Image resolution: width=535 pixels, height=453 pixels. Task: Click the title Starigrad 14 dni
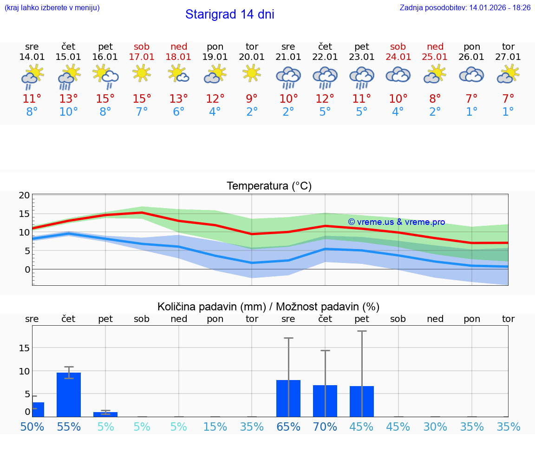pyautogui.click(x=229, y=14)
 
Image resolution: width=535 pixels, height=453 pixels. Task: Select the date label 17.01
pyautogui.click(x=142, y=57)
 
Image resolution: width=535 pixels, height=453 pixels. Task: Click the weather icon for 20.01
pyautogui.click(x=252, y=73)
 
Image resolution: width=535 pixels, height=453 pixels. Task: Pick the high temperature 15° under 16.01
pyautogui.click(x=105, y=99)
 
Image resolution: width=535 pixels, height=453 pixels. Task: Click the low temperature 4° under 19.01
pyautogui.click(x=215, y=112)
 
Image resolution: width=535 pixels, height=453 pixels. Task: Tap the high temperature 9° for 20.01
pyautogui.click(x=252, y=99)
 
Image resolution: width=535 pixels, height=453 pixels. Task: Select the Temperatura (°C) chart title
pyautogui.click(x=269, y=186)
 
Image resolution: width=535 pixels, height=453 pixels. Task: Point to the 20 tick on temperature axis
pyautogui.click(x=24, y=195)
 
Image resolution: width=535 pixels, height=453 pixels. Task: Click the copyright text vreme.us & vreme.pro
pyautogui.click(x=396, y=222)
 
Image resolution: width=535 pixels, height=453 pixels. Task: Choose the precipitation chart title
pyautogui.click(x=268, y=307)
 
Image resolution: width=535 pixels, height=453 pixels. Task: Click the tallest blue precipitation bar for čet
pyautogui.click(x=69, y=394)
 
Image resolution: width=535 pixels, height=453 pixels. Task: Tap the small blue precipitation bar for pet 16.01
pyautogui.click(x=105, y=414)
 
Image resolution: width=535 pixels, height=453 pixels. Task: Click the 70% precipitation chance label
pyautogui.click(x=325, y=427)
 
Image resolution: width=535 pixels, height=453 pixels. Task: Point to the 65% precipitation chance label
pyautogui.click(x=288, y=427)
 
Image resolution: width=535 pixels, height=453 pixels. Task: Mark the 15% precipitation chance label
pyautogui.click(x=215, y=427)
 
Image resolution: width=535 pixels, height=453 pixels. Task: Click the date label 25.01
pyautogui.click(x=435, y=57)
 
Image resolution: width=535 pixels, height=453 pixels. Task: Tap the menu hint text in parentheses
pyautogui.click(x=52, y=8)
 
